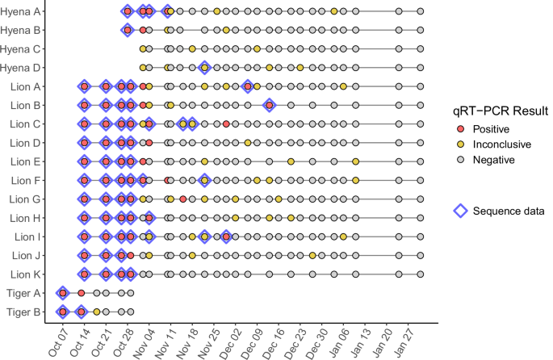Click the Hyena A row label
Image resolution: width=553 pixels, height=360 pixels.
(x=23, y=11)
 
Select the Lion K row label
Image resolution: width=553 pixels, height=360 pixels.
(x=27, y=274)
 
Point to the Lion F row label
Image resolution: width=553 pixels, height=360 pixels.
(x=27, y=180)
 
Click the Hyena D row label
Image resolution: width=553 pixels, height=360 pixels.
(x=23, y=68)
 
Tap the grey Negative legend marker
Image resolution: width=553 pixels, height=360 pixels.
(x=461, y=160)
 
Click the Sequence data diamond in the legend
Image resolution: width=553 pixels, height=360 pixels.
(x=461, y=210)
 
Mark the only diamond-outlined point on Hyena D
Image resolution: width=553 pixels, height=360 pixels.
(x=204, y=68)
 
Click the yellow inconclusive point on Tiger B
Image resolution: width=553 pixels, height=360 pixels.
(x=97, y=311)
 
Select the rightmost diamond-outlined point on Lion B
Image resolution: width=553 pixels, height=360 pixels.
(x=269, y=105)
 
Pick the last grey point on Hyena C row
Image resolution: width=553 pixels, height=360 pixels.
(x=420, y=48)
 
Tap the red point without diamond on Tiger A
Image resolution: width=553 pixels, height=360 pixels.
(x=81, y=292)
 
